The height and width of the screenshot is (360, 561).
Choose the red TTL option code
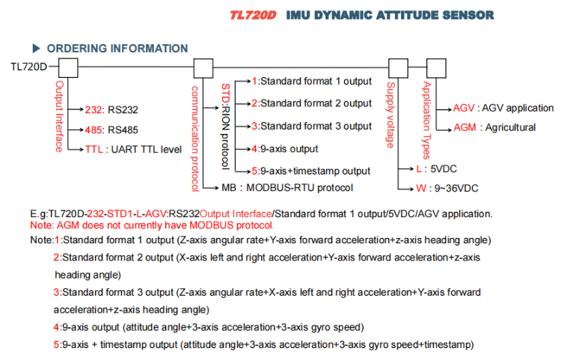point(94,149)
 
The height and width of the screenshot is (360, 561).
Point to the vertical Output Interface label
point(58,115)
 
